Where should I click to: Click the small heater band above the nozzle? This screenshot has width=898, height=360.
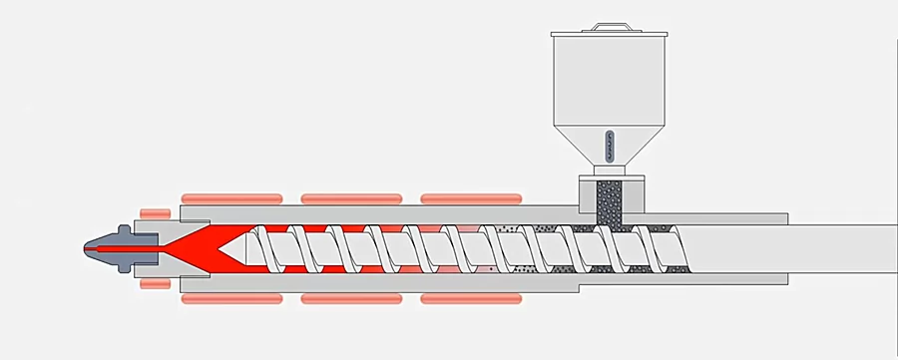(155, 212)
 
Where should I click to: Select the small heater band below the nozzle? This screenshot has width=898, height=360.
(155, 283)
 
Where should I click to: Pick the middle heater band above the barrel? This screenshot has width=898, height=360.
(350, 197)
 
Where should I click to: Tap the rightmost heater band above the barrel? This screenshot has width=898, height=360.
(471, 197)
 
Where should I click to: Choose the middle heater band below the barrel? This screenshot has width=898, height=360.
(350, 297)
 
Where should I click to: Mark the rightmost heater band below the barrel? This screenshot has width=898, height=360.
(471, 297)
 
